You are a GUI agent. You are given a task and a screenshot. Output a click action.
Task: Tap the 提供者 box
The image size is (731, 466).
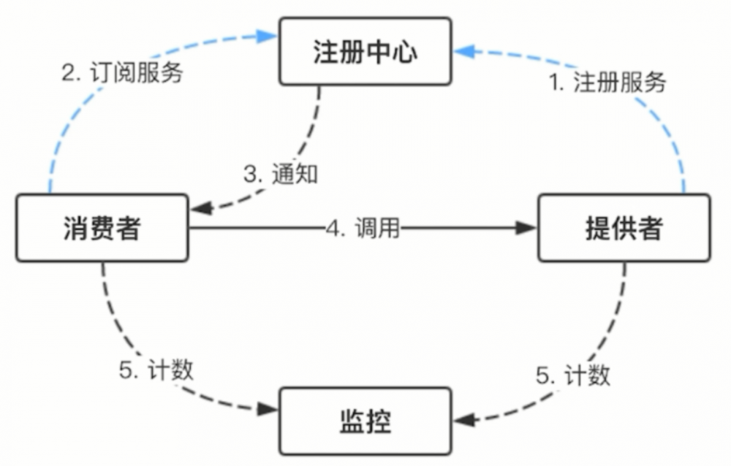point(624,228)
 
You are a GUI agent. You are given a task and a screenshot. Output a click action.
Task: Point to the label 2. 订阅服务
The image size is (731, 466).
point(121,73)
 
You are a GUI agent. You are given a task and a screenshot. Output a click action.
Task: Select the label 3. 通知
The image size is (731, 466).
point(281,175)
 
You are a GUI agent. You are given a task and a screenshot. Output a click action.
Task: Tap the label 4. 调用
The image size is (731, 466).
point(363,229)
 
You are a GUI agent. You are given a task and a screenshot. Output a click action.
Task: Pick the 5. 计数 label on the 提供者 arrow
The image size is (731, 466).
point(573,375)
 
